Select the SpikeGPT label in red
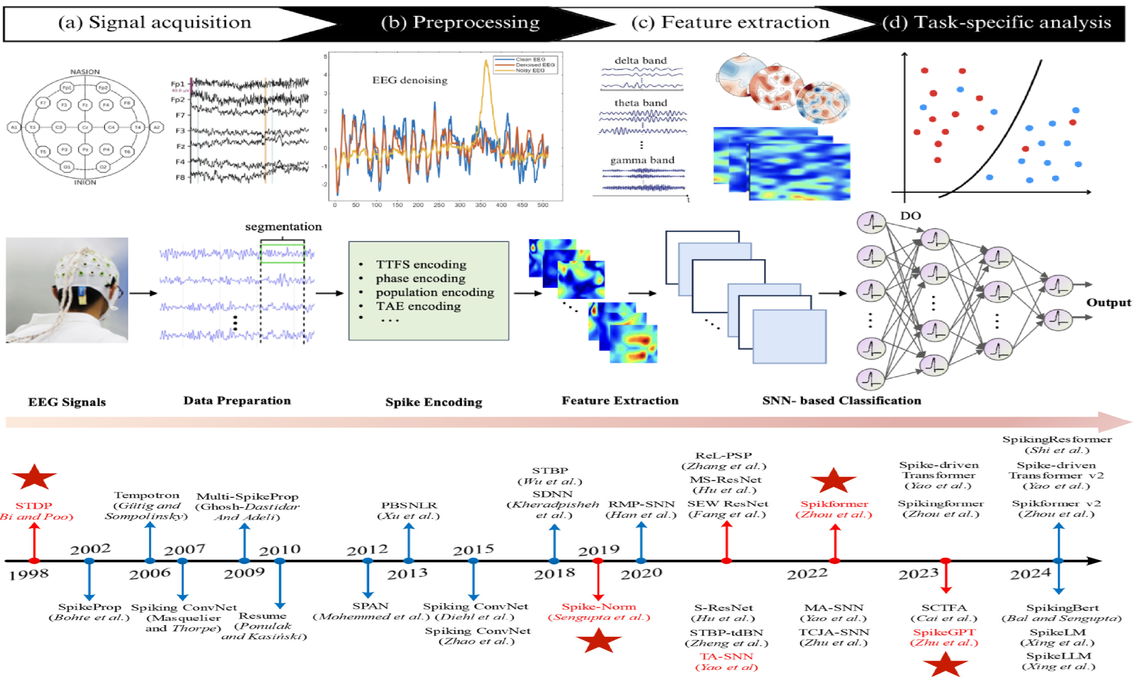coord(944,632)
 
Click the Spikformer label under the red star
coord(834,504)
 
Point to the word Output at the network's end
coord(1108,302)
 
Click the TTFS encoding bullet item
coord(421,264)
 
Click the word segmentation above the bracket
coord(283,227)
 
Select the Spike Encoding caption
coord(433,402)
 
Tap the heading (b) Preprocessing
coord(460,22)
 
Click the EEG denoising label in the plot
coord(410,80)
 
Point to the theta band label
coord(640,103)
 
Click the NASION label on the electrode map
coord(85,72)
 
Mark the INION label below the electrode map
coord(85,182)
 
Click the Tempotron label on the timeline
coord(147,495)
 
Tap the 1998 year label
coord(29,574)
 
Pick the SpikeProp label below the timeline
coord(90,607)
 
